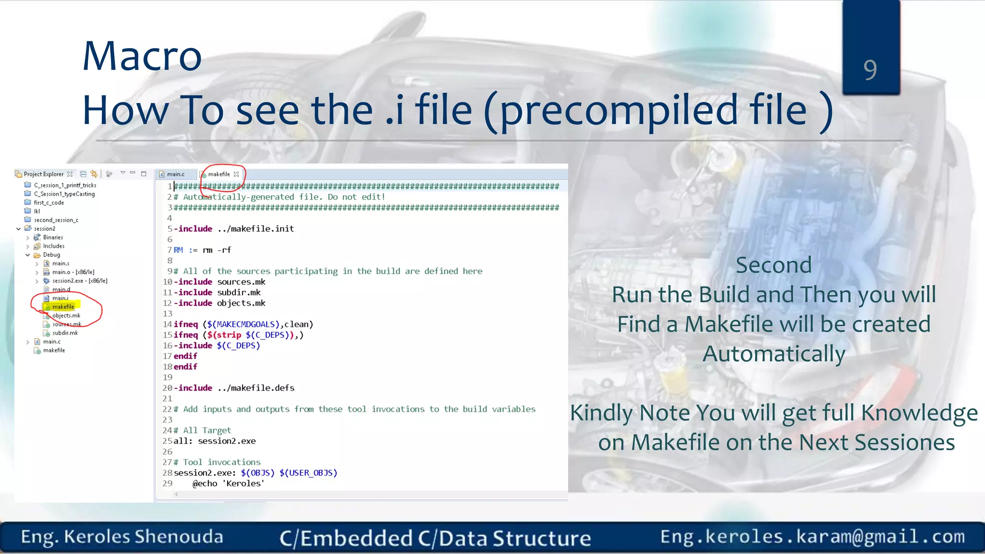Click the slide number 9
[870, 69]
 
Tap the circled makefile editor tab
[219, 174]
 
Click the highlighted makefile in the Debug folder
[63, 307]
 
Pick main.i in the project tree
[60, 298]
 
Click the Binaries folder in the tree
[53, 238]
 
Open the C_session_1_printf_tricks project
[65, 185]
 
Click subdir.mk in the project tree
[65, 333]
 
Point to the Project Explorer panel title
[43, 174]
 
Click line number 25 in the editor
[167, 441]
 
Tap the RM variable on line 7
[178, 250]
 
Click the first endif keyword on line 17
[185, 356]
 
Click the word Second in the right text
[773, 265]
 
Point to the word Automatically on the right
[773, 354]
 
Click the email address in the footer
[812, 536]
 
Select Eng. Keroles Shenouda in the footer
[122, 537]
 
